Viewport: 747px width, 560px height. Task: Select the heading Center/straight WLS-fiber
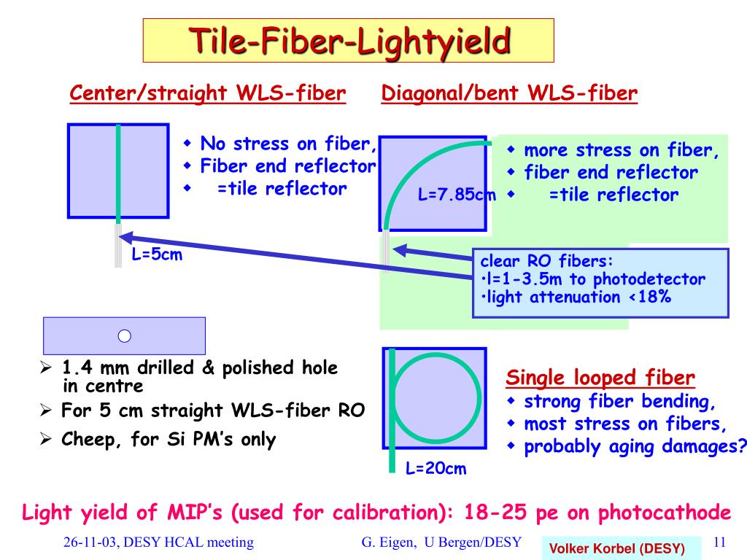(x=207, y=93)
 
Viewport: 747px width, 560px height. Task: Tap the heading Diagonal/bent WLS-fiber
(x=510, y=93)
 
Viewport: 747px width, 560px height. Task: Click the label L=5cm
(x=157, y=257)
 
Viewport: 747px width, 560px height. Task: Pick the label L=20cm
(x=436, y=468)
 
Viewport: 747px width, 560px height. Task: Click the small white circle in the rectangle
(x=124, y=335)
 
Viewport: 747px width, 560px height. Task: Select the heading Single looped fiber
(x=600, y=378)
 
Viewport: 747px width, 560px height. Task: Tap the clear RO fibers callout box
(x=600, y=282)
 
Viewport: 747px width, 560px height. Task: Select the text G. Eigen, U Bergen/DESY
(x=441, y=542)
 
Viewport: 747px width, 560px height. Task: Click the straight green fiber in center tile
(x=117, y=174)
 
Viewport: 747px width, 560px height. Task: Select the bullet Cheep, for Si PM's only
(x=169, y=440)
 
